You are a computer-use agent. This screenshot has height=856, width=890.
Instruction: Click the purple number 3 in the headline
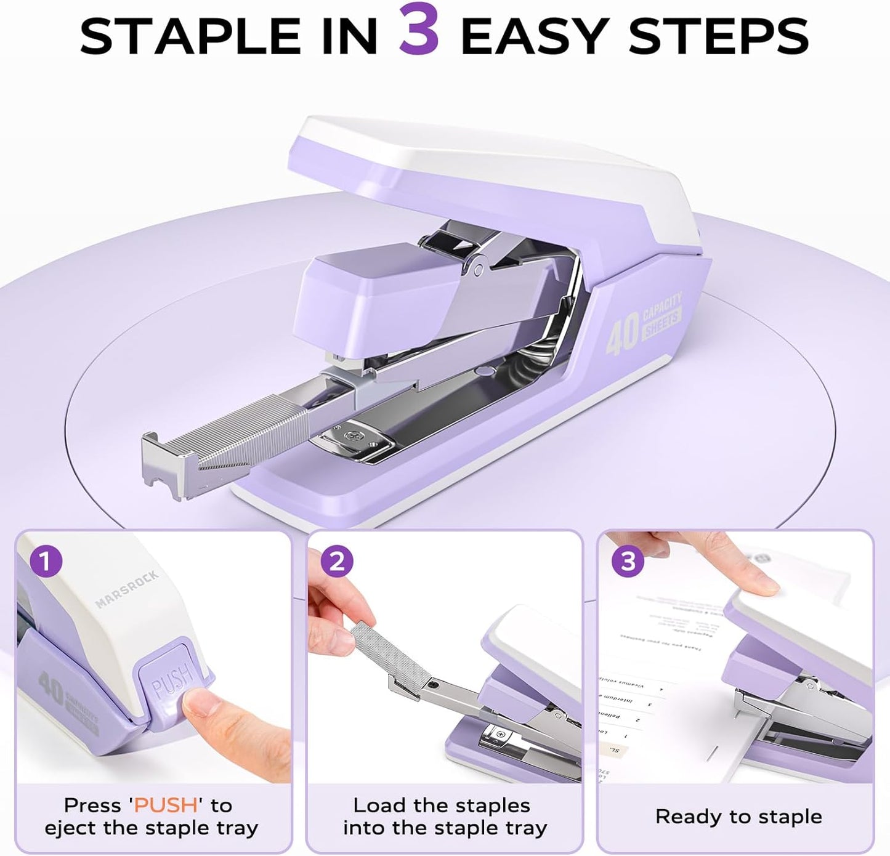419,31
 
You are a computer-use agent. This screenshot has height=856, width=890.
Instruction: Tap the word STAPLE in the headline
190,36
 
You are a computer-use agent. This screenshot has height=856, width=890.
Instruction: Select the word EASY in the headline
535,36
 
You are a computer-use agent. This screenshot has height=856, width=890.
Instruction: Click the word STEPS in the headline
719,36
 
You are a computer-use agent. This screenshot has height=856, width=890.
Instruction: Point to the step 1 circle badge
46,562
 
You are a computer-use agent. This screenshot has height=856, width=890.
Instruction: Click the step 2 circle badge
337,562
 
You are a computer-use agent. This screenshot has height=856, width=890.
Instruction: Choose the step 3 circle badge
628,562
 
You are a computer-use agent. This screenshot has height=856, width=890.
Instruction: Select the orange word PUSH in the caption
166,806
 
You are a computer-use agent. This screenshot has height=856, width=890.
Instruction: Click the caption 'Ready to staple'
738,817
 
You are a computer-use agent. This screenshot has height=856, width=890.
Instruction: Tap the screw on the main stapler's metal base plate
353,436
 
